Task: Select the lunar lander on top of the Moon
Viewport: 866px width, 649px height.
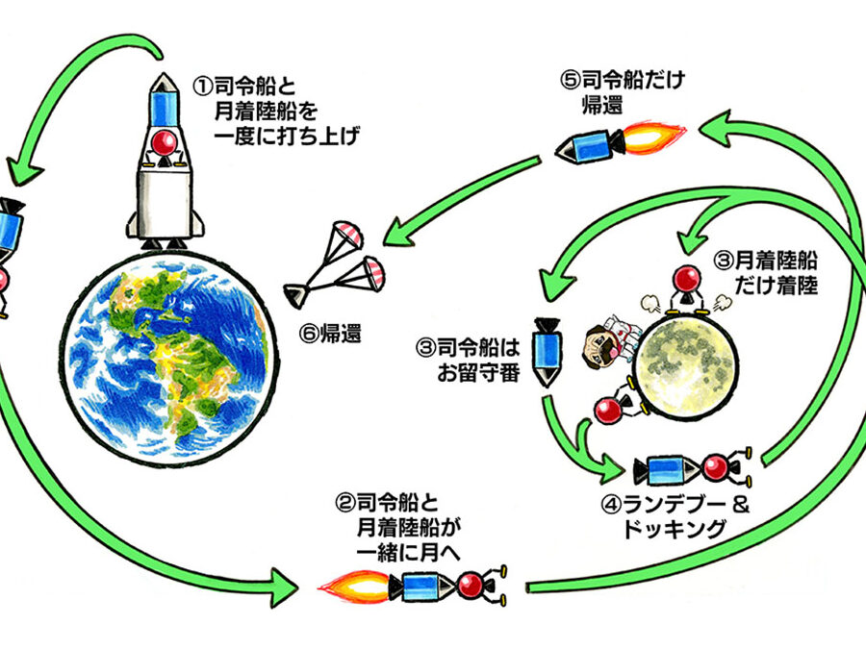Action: (690, 288)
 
